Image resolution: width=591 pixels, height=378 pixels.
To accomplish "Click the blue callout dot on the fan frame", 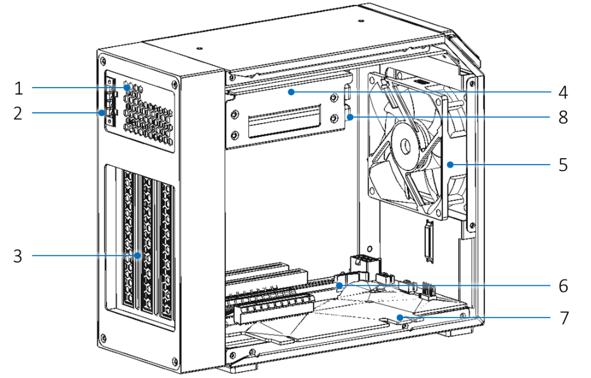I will click(450, 165).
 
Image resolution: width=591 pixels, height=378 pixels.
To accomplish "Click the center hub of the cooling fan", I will click(407, 143).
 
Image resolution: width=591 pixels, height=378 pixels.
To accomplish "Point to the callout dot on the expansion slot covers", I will click(137, 255).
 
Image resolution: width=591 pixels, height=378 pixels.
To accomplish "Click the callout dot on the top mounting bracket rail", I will click(291, 92).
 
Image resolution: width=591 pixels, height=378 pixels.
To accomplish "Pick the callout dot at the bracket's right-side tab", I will click(350, 117).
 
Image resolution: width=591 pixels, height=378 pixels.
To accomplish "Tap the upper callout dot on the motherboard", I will click(340, 285).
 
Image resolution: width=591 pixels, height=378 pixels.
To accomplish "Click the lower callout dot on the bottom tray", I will click(400, 317).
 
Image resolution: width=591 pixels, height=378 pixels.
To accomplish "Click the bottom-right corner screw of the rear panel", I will click(174, 359).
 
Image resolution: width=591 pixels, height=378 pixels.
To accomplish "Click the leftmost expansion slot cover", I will click(128, 241).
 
